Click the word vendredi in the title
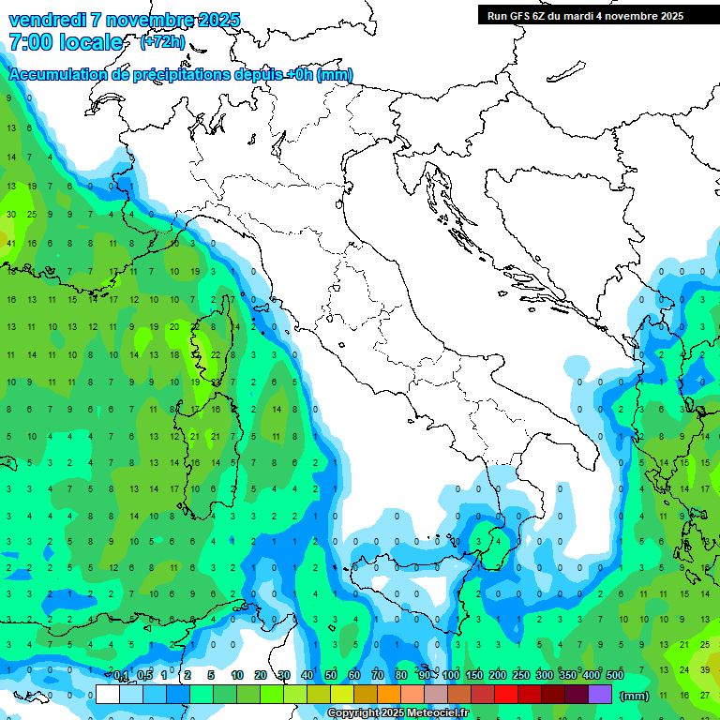[x=47, y=20]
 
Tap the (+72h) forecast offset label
[x=162, y=42]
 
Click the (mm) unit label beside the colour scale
[x=635, y=697]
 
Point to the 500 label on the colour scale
[x=614, y=676]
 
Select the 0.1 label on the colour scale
[x=121, y=676]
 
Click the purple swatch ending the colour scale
[x=600, y=694]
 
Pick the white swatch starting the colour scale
[x=108, y=694]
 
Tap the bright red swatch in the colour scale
[x=506, y=694]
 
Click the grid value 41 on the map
[x=11, y=244]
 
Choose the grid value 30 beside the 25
[x=11, y=215]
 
